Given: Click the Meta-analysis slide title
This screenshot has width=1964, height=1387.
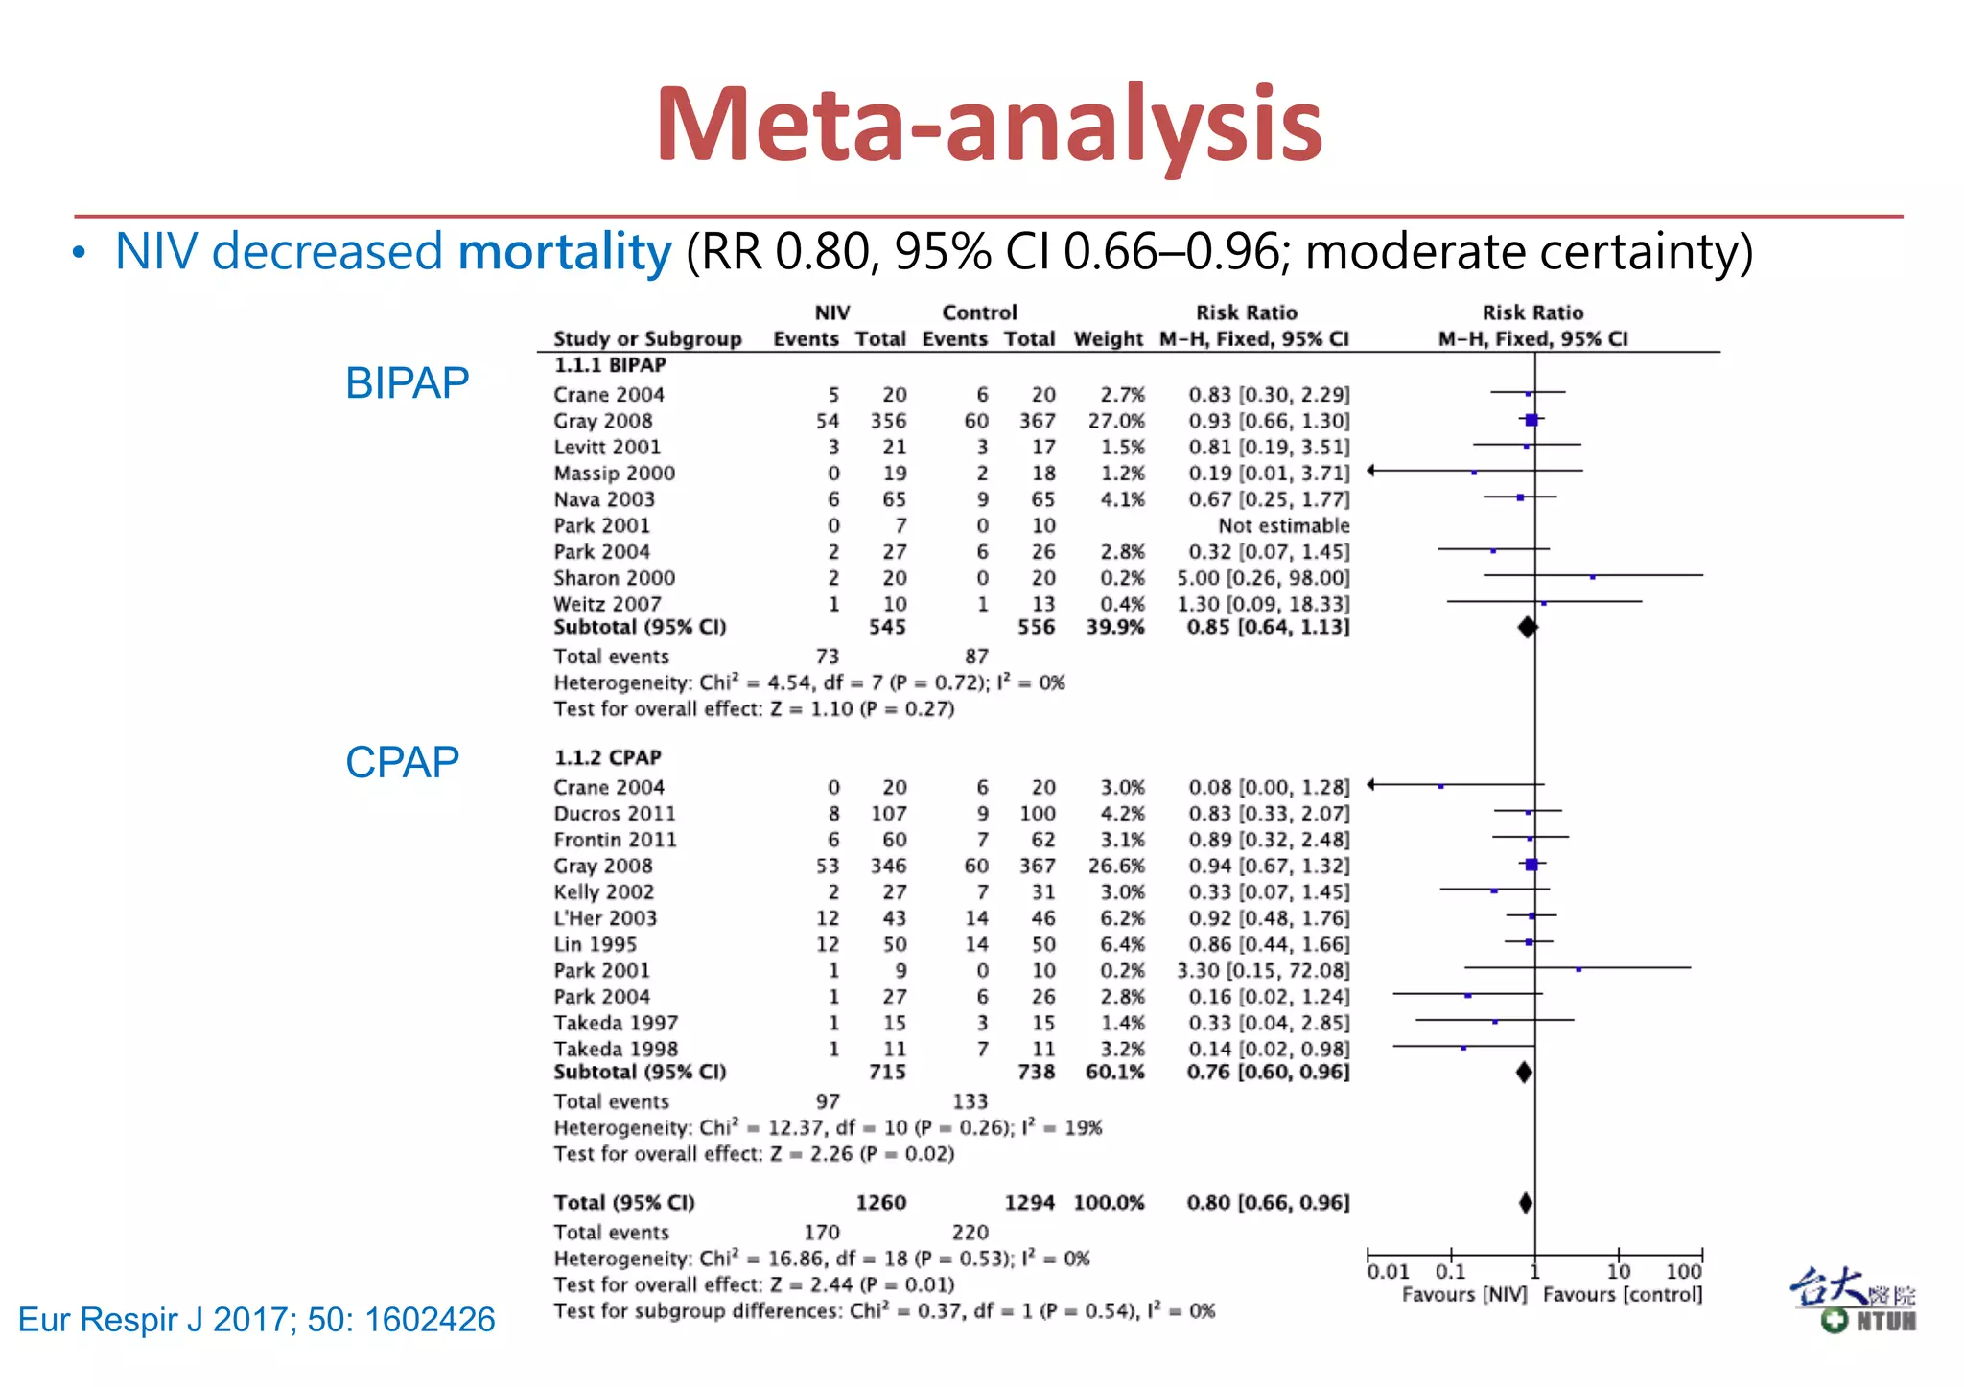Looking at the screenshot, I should tap(989, 126).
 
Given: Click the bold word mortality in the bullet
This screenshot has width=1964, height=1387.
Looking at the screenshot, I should tap(565, 252).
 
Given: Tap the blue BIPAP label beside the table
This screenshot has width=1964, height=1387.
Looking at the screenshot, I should tap(407, 383).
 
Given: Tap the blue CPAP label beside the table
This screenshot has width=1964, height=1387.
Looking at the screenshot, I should tap(402, 763).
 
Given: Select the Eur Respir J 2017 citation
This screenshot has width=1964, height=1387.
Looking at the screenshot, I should tap(257, 1320).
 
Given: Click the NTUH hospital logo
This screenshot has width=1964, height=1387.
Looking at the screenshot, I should tap(1853, 1301).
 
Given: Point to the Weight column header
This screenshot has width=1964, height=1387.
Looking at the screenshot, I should tap(1108, 339).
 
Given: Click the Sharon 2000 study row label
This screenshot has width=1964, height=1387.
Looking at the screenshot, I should tap(614, 578).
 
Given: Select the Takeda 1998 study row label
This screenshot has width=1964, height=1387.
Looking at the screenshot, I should tap(615, 1049).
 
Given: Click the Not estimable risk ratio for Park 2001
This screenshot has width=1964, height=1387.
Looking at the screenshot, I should tap(1283, 525).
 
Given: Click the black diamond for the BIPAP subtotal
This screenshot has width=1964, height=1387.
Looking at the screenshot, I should tap(1528, 627).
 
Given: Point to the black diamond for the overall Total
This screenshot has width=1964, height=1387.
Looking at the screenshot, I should tap(1526, 1203).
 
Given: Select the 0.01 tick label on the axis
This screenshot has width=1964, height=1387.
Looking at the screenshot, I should tap(1388, 1272).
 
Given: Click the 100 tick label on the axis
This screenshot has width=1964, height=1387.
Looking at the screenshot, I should tap(1684, 1272).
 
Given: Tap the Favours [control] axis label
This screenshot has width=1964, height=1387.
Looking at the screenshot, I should tap(1623, 1295).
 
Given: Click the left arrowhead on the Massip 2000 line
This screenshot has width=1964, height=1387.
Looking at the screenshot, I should tap(1372, 470).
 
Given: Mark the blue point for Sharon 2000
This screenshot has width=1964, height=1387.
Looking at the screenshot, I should tap(1593, 577).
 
